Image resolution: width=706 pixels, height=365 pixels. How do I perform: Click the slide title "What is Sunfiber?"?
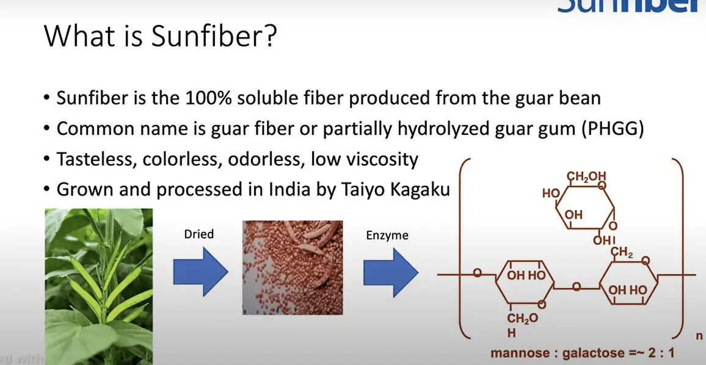pyautogui.click(x=161, y=38)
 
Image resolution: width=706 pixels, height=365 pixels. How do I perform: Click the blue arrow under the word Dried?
pyautogui.click(x=200, y=269)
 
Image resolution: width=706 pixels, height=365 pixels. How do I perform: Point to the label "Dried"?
pyautogui.click(x=198, y=234)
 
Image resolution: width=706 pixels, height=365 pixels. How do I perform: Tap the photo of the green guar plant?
pyautogui.click(x=98, y=286)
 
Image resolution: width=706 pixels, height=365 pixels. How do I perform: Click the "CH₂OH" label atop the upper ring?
pyautogui.click(x=586, y=178)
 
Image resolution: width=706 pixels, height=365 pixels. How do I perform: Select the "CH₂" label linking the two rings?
pyautogui.click(x=622, y=252)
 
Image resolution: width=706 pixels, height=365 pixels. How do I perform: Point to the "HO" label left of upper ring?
pyautogui.click(x=551, y=193)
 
